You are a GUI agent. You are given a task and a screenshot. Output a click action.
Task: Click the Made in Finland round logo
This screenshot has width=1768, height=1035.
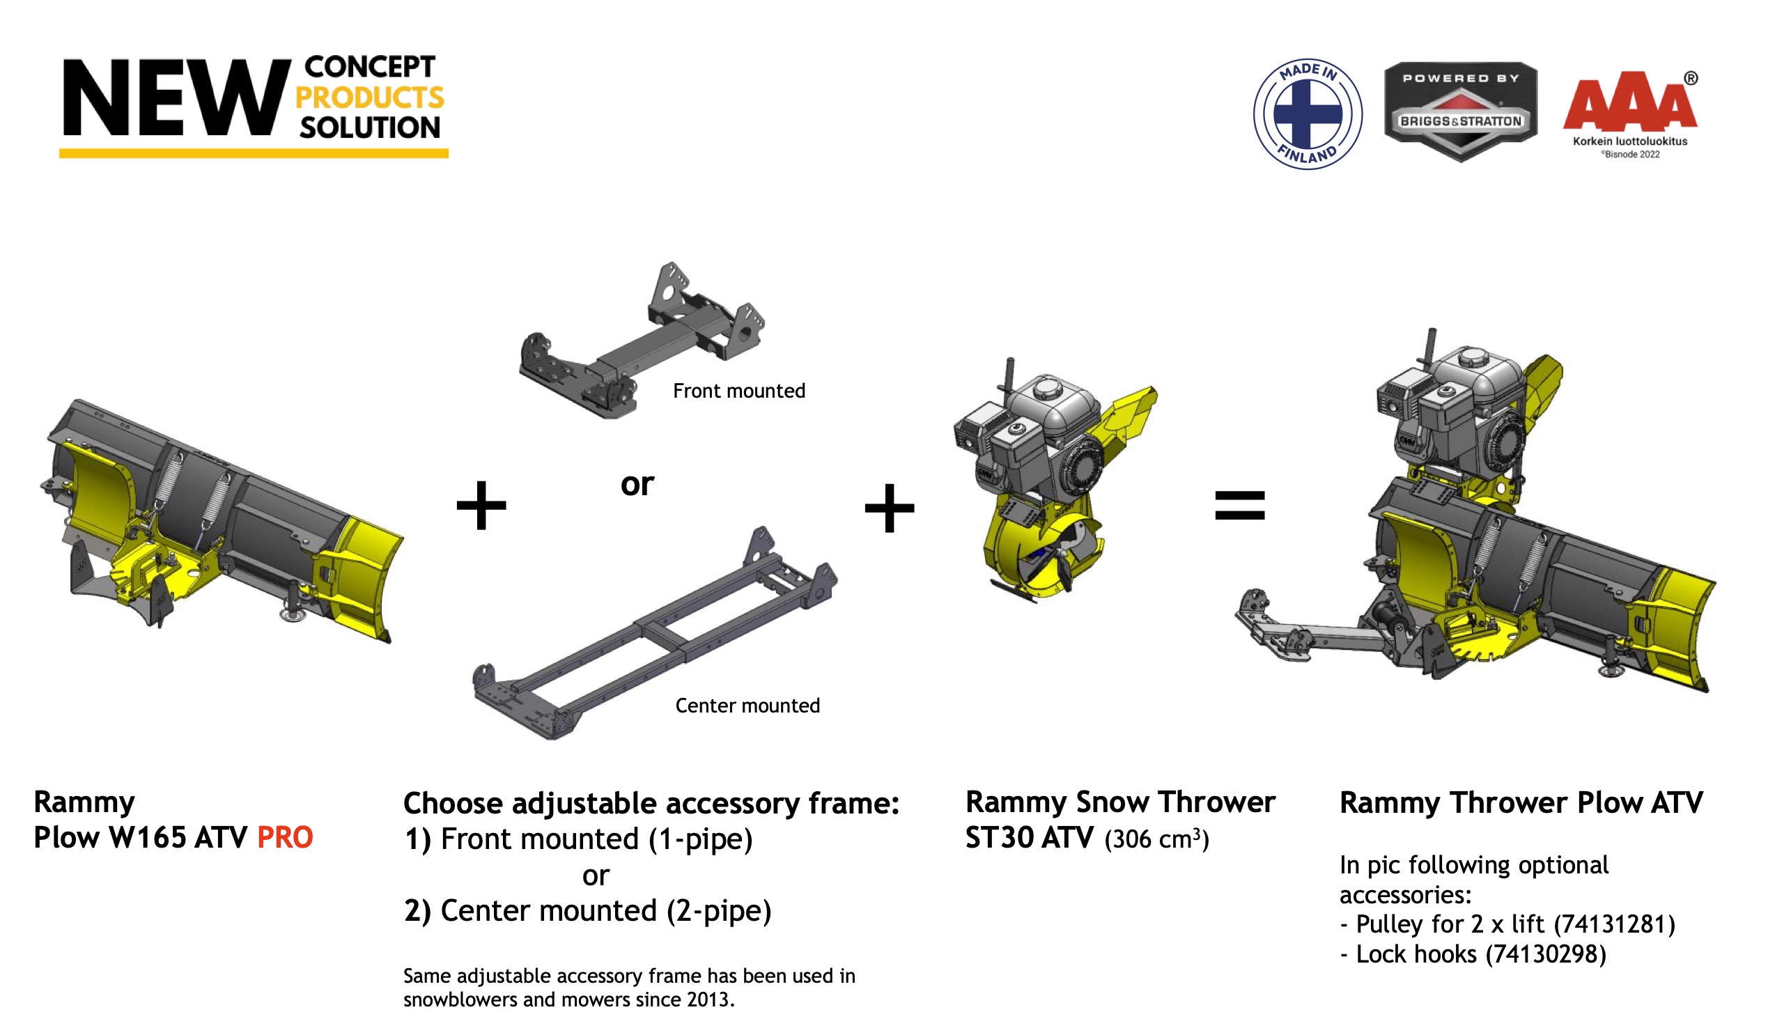tap(1308, 114)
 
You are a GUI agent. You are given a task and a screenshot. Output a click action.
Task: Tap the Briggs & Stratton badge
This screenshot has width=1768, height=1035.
tap(1461, 111)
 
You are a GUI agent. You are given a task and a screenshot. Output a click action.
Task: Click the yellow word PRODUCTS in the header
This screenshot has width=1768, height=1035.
tap(370, 98)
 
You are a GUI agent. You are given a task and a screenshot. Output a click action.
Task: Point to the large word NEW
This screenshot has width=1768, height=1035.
tap(177, 98)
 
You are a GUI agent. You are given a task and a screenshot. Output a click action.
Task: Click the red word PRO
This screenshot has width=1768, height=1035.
tap(285, 837)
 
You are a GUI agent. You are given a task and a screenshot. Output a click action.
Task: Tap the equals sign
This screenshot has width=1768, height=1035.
tap(1240, 505)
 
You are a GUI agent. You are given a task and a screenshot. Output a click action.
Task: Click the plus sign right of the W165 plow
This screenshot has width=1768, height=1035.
tap(481, 505)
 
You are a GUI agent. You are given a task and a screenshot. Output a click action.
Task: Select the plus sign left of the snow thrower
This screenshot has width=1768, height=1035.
tap(890, 508)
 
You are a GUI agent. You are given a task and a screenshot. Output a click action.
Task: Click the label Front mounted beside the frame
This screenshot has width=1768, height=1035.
tap(739, 391)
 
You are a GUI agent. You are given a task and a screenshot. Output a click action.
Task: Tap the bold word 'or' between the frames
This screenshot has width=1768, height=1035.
tap(637, 484)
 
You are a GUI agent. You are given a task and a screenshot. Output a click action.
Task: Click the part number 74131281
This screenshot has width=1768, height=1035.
tap(1614, 925)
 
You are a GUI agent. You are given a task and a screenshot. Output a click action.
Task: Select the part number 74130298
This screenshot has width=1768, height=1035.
tap(1546, 954)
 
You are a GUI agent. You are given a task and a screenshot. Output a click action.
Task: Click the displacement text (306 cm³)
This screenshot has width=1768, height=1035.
tap(1157, 839)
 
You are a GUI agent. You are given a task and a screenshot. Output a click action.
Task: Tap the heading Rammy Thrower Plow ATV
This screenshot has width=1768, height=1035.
tap(1521, 803)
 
